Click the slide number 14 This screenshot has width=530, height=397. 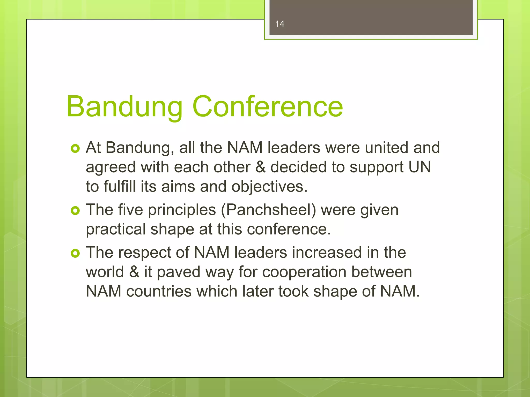point(280,24)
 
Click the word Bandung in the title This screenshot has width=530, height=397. point(124,106)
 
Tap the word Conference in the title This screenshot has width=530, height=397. point(268,106)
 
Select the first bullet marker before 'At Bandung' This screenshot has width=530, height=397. point(75,149)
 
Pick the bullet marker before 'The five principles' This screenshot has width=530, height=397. point(75,211)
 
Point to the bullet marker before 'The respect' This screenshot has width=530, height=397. point(75,253)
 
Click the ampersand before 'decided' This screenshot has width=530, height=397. point(260,167)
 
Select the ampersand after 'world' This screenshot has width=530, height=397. point(134,272)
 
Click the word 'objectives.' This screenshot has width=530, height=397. point(269,187)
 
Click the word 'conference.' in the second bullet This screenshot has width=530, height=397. point(289,229)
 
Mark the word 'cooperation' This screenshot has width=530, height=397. point(304,272)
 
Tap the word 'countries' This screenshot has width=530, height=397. point(159,291)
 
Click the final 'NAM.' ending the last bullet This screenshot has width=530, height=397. point(400,291)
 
